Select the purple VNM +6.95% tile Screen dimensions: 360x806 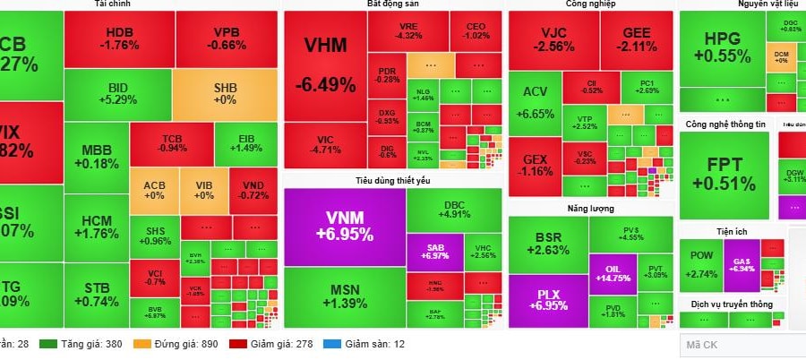point(345,225)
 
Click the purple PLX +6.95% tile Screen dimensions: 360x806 point(548,299)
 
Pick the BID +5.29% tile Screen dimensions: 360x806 point(117,93)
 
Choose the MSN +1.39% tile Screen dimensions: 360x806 point(345,296)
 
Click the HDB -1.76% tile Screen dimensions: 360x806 point(117,39)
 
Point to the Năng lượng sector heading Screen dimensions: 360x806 point(589,208)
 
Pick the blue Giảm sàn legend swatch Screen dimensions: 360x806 point(331,344)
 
